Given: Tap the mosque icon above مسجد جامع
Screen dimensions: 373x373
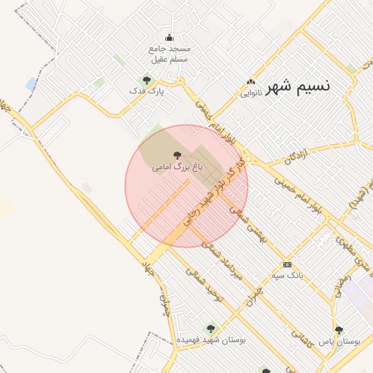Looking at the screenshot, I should pyautogui.click(x=170, y=38).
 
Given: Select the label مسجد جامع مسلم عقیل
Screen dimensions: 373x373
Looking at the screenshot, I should pyautogui.click(x=169, y=53).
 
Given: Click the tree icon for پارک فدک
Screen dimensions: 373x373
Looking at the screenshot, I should pyautogui.click(x=147, y=80).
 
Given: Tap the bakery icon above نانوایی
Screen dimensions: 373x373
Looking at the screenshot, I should pyautogui.click(x=251, y=82).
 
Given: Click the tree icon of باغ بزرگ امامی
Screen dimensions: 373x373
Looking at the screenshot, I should pyautogui.click(x=176, y=154).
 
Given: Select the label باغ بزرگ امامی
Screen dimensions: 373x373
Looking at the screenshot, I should pyautogui.click(x=176, y=167).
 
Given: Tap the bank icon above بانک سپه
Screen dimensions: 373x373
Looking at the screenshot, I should pyautogui.click(x=287, y=264).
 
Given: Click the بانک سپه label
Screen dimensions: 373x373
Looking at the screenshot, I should pyautogui.click(x=287, y=276).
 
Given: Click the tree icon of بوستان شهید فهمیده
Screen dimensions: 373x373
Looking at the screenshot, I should pyautogui.click(x=211, y=329).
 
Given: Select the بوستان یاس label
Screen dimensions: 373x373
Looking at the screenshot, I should pyautogui.click(x=339, y=340).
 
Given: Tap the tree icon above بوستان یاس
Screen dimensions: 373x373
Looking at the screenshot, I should pyautogui.click(x=339, y=330).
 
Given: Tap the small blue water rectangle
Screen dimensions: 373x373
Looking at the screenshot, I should pyautogui.click(x=31, y=84).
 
